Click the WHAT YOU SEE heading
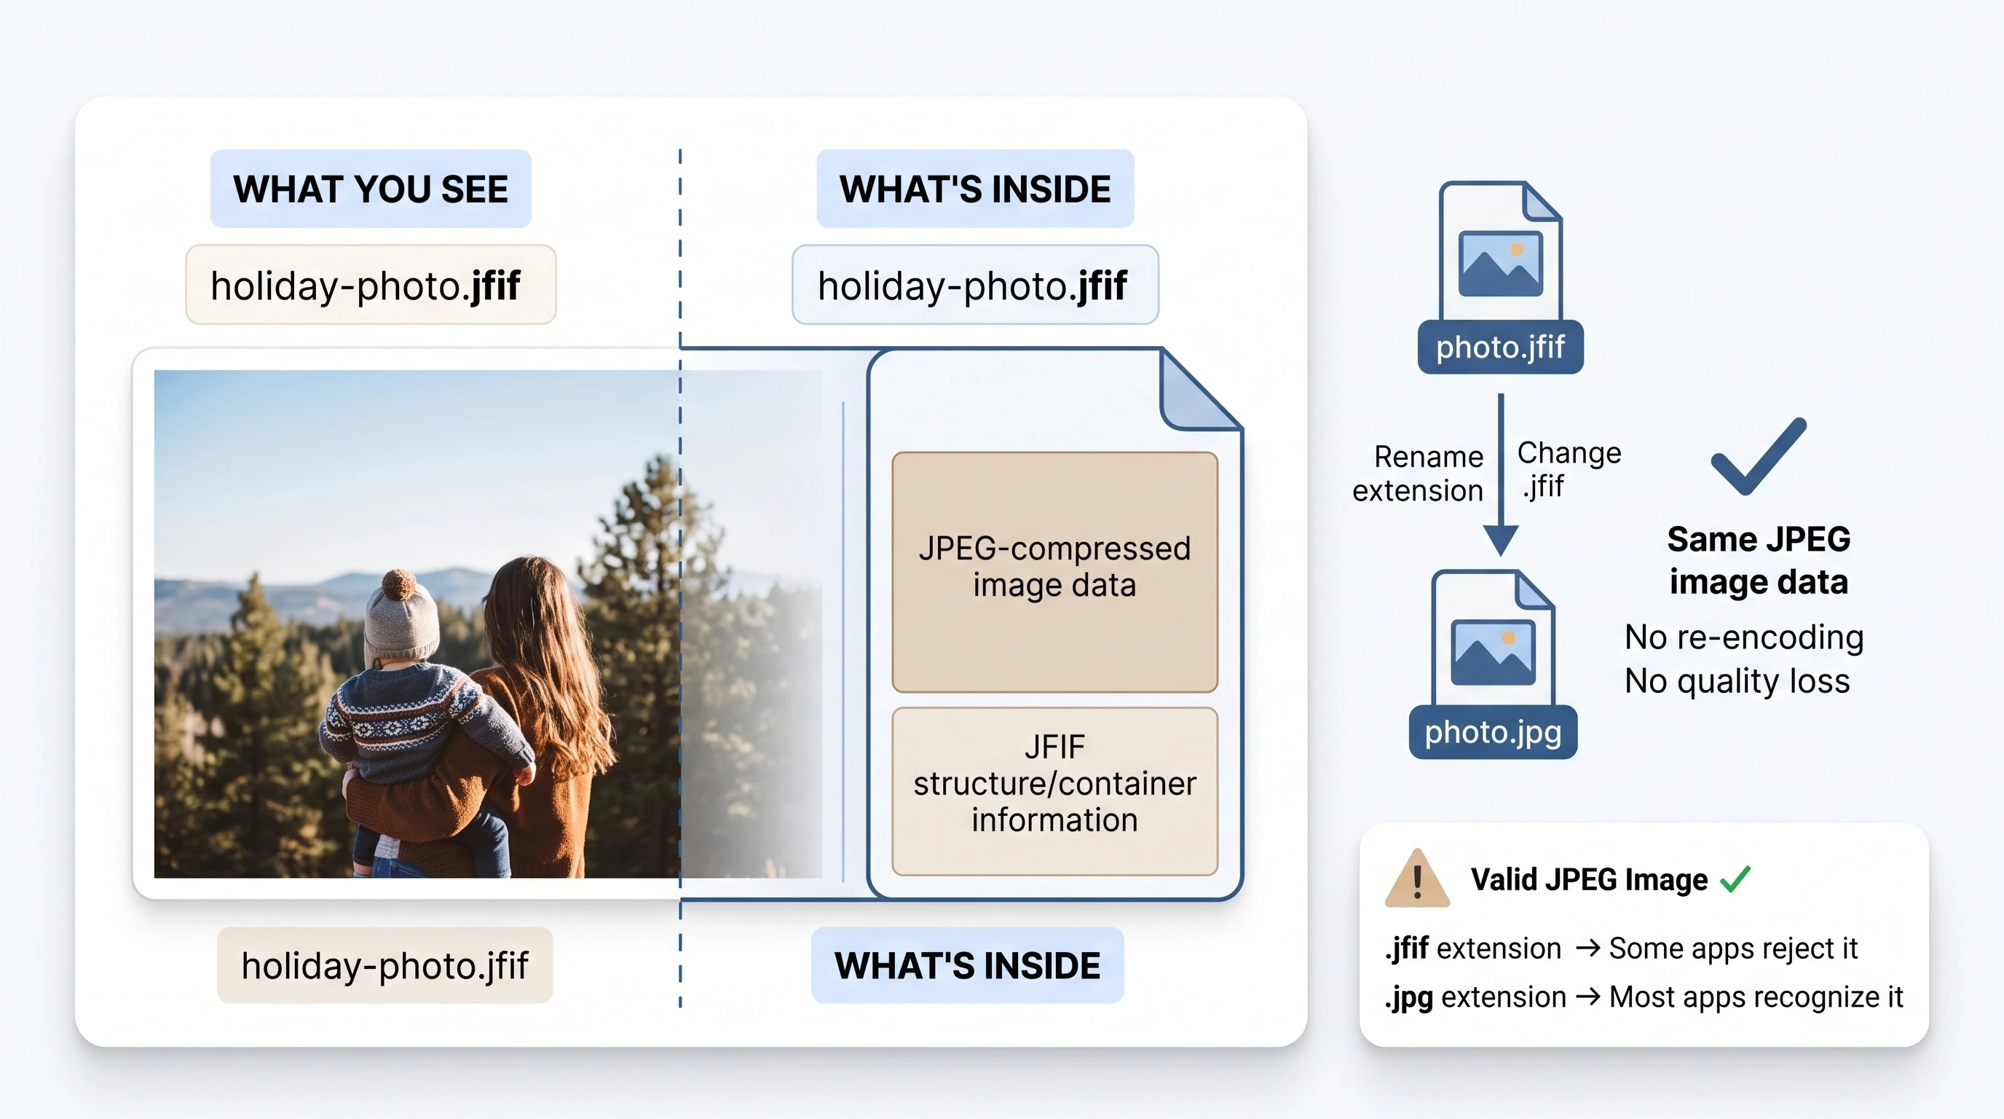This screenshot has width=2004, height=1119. pos(371,189)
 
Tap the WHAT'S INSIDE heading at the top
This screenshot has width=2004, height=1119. pos(975,189)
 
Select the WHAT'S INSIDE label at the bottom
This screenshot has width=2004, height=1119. pos(967,966)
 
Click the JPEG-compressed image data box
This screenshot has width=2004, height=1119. pos(1055,572)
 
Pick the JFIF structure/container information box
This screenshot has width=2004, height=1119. pos(1055,791)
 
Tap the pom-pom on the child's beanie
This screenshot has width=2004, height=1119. pos(398,583)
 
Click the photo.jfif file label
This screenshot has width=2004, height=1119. pos(1500,347)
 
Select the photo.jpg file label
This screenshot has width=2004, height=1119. pos(1493,732)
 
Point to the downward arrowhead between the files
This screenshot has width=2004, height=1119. pos(1501,540)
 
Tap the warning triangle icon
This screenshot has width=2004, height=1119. pos(1417,879)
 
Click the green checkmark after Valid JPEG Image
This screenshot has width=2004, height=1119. pos(1735,879)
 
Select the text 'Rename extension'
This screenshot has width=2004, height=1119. pos(1419,473)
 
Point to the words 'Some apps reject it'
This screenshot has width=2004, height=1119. pos(1733,949)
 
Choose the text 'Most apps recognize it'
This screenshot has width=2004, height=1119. pos(1756,997)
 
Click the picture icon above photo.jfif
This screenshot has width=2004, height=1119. pos(1501,263)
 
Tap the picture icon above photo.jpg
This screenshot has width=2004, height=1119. pos(1493,652)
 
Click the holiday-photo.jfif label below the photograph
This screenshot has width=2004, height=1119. pos(385,966)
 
